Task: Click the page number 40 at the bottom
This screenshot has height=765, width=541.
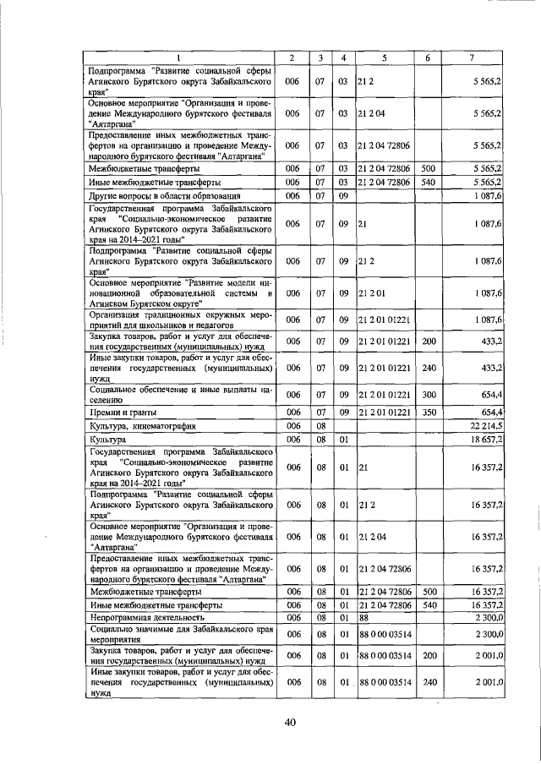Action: [x=290, y=720]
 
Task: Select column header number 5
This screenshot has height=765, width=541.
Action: [x=384, y=57]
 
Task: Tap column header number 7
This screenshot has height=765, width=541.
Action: [x=472, y=57]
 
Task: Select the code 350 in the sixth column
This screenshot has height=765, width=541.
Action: [x=428, y=412]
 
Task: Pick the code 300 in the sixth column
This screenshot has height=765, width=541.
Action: [x=428, y=394]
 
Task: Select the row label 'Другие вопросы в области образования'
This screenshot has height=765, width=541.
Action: [x=161, y=196]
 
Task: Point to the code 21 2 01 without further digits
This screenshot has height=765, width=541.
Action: [x=371, y=292]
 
